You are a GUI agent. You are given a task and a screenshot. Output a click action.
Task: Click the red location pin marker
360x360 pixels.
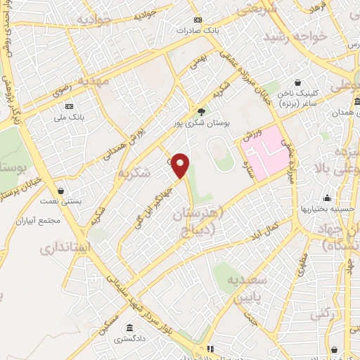coord(181,165)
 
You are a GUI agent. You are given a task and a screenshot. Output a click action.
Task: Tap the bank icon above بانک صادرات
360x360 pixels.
coord(198,20)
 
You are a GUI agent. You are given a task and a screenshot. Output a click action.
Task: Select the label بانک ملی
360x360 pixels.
coord(71,118)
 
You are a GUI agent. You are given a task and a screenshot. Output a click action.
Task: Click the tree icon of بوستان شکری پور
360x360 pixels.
coord(202,112)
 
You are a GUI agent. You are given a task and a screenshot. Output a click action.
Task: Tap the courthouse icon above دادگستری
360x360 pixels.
coord(130,328)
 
